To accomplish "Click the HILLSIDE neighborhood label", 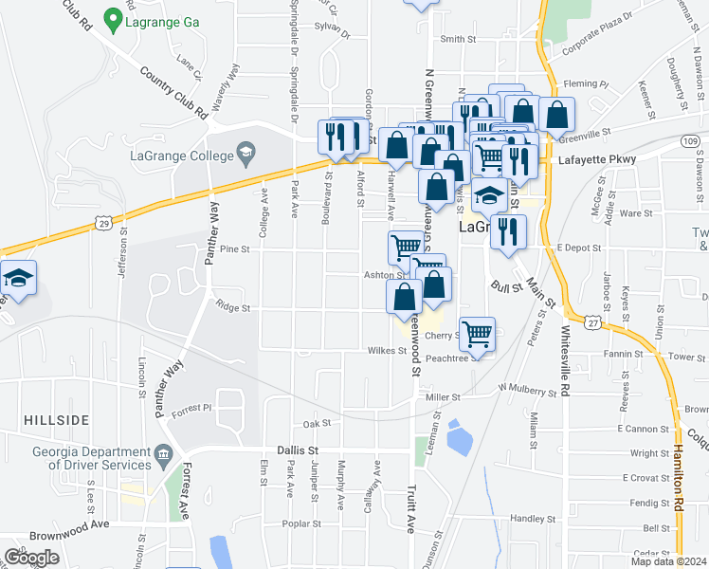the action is click(58, 419).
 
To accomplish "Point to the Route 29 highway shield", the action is click(102, 222).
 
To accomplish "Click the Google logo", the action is click(31, 557).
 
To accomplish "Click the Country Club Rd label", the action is click(173, 91).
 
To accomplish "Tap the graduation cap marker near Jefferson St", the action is click(18, 279).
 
